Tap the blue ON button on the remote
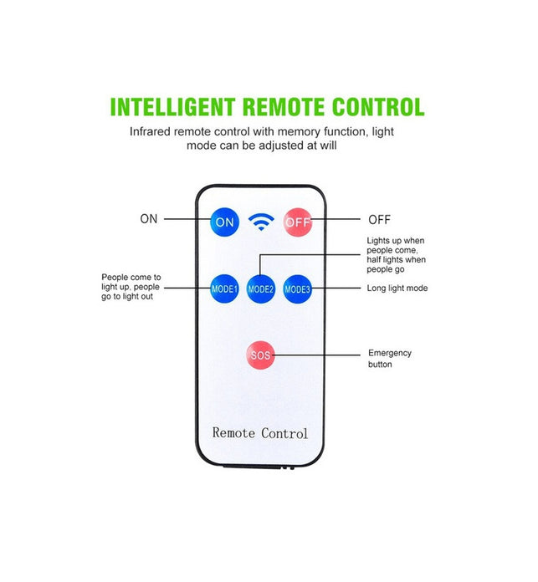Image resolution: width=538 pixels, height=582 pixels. [224, 222]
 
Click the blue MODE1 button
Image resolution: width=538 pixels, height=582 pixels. [224, 288]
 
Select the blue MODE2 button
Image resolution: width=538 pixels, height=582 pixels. [261, 288]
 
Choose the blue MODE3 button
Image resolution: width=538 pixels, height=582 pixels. [297, 288]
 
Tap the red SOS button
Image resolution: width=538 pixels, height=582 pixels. [261, 355]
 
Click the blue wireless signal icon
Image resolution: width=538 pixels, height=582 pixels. [261, 222]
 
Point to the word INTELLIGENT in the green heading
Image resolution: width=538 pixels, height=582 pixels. [172, 107]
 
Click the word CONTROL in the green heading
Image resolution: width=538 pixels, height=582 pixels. [378, 107]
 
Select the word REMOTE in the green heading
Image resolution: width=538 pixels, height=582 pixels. [284, 107]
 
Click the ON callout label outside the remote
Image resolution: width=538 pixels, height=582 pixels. [149, 219]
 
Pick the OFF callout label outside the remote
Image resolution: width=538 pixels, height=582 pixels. [380, 220]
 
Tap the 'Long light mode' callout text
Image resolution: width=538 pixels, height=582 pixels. [397, 288]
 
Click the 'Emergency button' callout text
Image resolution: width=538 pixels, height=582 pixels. [390, 359]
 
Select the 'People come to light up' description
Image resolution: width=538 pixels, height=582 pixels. [131, 287]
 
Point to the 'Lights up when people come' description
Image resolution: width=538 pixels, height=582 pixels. [396, 255]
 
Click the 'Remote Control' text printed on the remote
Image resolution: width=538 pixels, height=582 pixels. [260, 433]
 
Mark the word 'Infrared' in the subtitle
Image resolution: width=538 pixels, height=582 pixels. [151, 132]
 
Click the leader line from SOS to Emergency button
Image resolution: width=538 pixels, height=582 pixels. [316, 355]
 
